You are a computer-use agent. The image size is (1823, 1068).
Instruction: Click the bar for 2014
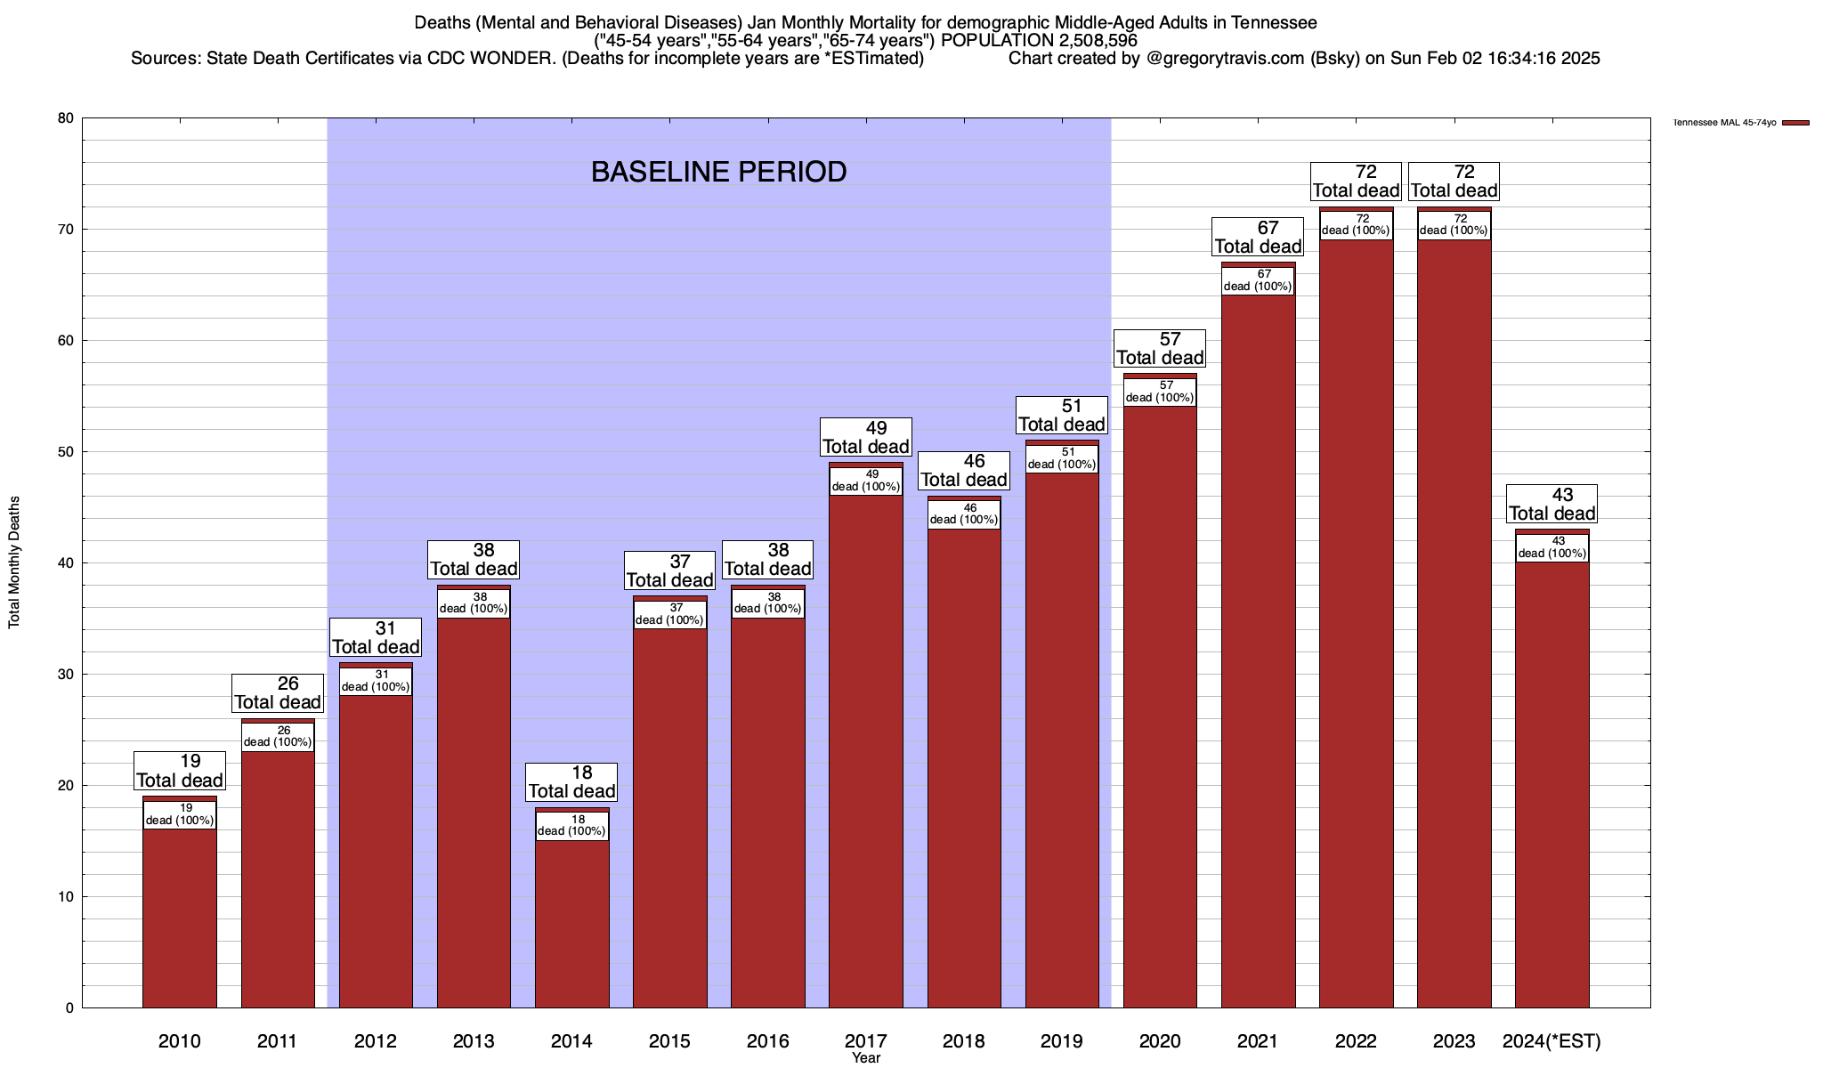pyautogui.click(x=571, y=926)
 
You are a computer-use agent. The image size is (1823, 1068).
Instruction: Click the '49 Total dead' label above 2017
pyautogui.click(x=865, y=437)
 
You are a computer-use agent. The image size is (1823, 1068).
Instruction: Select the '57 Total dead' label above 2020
pyautogui.click(x=1160, y=348)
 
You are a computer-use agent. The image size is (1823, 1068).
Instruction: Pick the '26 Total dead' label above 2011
pyautogui.click(x=277, y=692)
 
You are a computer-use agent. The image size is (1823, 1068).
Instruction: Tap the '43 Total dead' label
pyautogui.click(x=1552, y=504)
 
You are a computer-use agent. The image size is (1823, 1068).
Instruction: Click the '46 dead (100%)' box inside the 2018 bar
pyautogui.click(x=964, y=514)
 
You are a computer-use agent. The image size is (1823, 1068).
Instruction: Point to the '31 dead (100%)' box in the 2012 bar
pyautogui.click(x=376, y=681)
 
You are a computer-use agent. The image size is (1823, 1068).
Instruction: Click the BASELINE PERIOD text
pyautogui.click(x=718, y=172)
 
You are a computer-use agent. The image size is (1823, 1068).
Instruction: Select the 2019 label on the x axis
pyautogui.click(x=1062, y=1041)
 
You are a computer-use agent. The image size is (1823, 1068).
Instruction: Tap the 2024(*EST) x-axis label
pyautogui.click(x=1552, y=1041)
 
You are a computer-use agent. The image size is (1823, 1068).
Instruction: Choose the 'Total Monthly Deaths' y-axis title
pyautogui.click(x=14, y=562)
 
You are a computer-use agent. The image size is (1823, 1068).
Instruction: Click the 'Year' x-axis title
pyautogui.click(x=865, y=1058)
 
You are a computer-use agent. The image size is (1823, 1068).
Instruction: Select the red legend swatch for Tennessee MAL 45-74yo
pyautogui.click(x=1796, y=123)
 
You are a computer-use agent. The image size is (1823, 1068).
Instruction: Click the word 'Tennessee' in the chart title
pyautogui.click(x=1275, y=22)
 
